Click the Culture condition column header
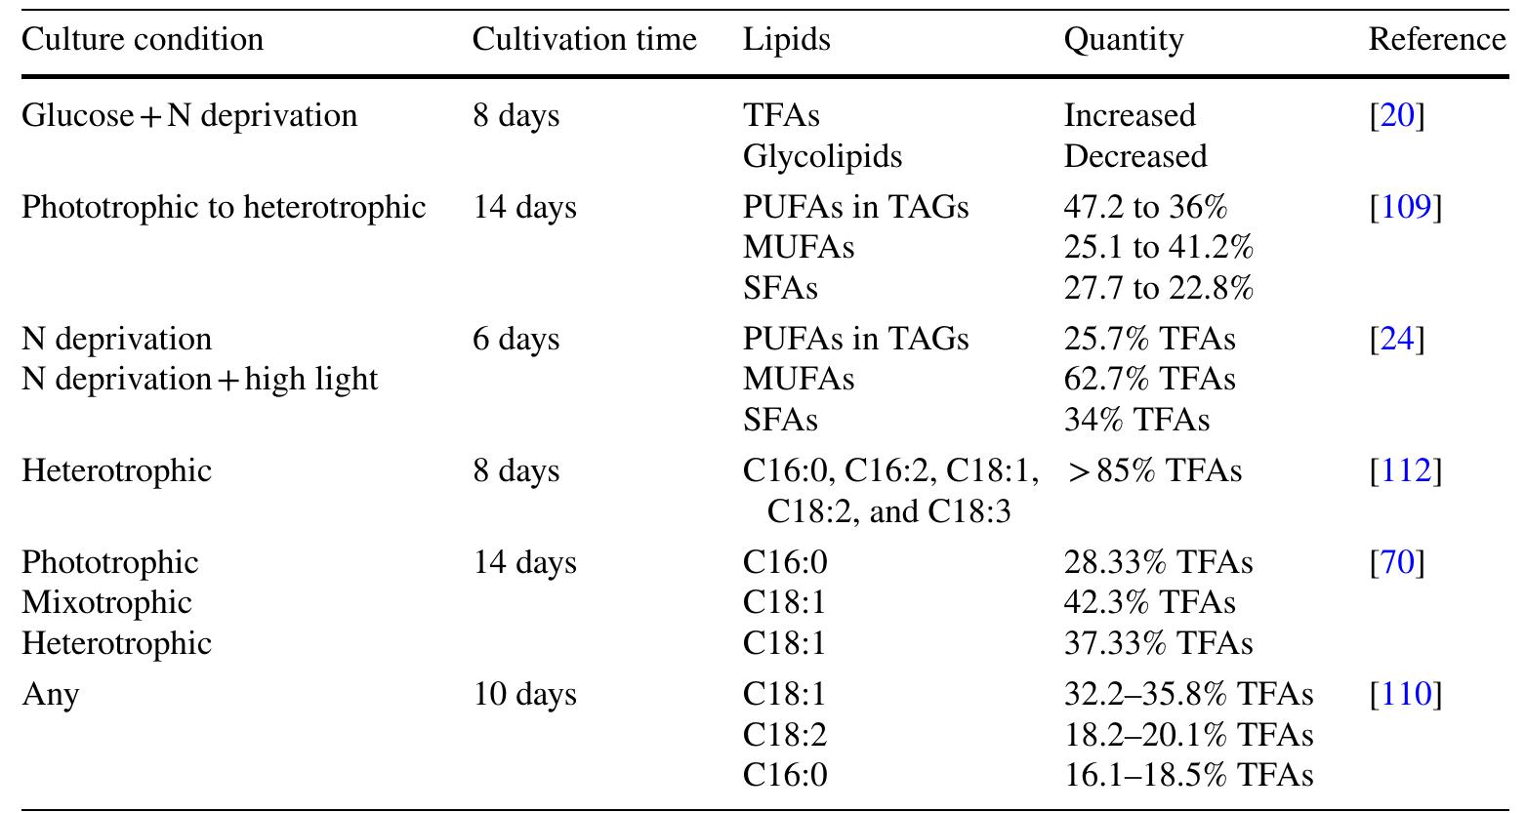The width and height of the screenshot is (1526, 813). click(143, 40)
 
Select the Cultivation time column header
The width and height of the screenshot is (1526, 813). click(584, 40)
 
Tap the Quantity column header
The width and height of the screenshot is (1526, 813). click(1123, 40)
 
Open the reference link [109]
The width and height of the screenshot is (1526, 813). click(1405, 208)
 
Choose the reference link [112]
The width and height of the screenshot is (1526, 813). click(1405, 471)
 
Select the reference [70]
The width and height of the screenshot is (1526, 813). click(1397, 563)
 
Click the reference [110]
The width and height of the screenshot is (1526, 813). click(1405, 695)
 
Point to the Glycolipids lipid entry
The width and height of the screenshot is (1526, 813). click(822, 156)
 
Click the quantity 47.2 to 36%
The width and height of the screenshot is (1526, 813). click(1145, 208)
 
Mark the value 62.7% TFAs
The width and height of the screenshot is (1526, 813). click(1149, 379)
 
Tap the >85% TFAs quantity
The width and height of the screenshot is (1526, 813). click(1152, 471)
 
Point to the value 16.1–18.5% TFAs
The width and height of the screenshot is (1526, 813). click(1188, 775)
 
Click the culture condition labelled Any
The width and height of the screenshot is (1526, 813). click(50, 695)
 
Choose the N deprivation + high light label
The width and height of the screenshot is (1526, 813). click(199, 379)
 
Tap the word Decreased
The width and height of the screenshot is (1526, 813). click(1134, 156)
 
